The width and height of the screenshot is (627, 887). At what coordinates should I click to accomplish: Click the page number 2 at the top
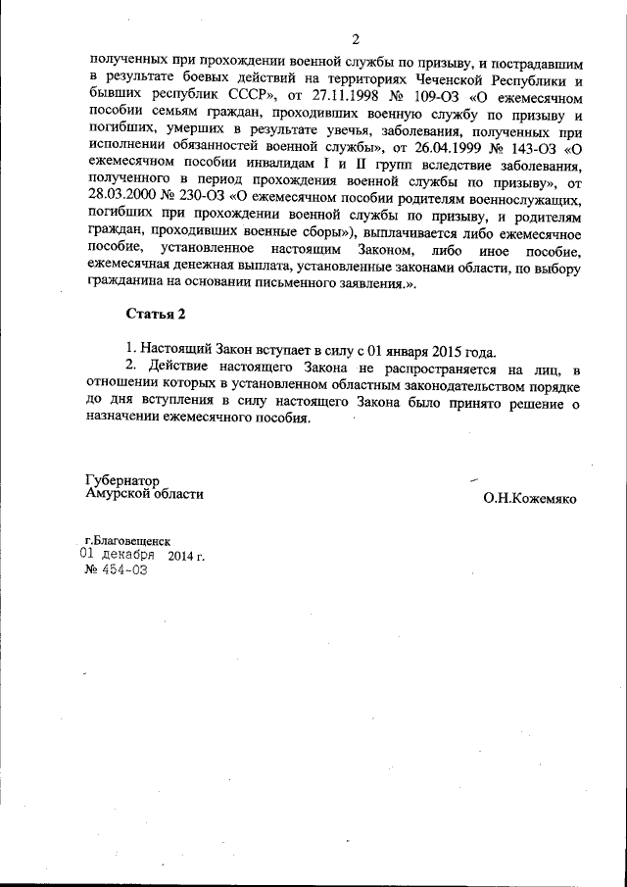(355, 39)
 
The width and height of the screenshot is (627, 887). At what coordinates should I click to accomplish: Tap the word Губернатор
(122, 481)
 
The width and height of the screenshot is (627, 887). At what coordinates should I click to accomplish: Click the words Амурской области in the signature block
(145, 495)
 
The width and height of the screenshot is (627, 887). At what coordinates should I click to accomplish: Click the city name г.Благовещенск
(127, 540)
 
